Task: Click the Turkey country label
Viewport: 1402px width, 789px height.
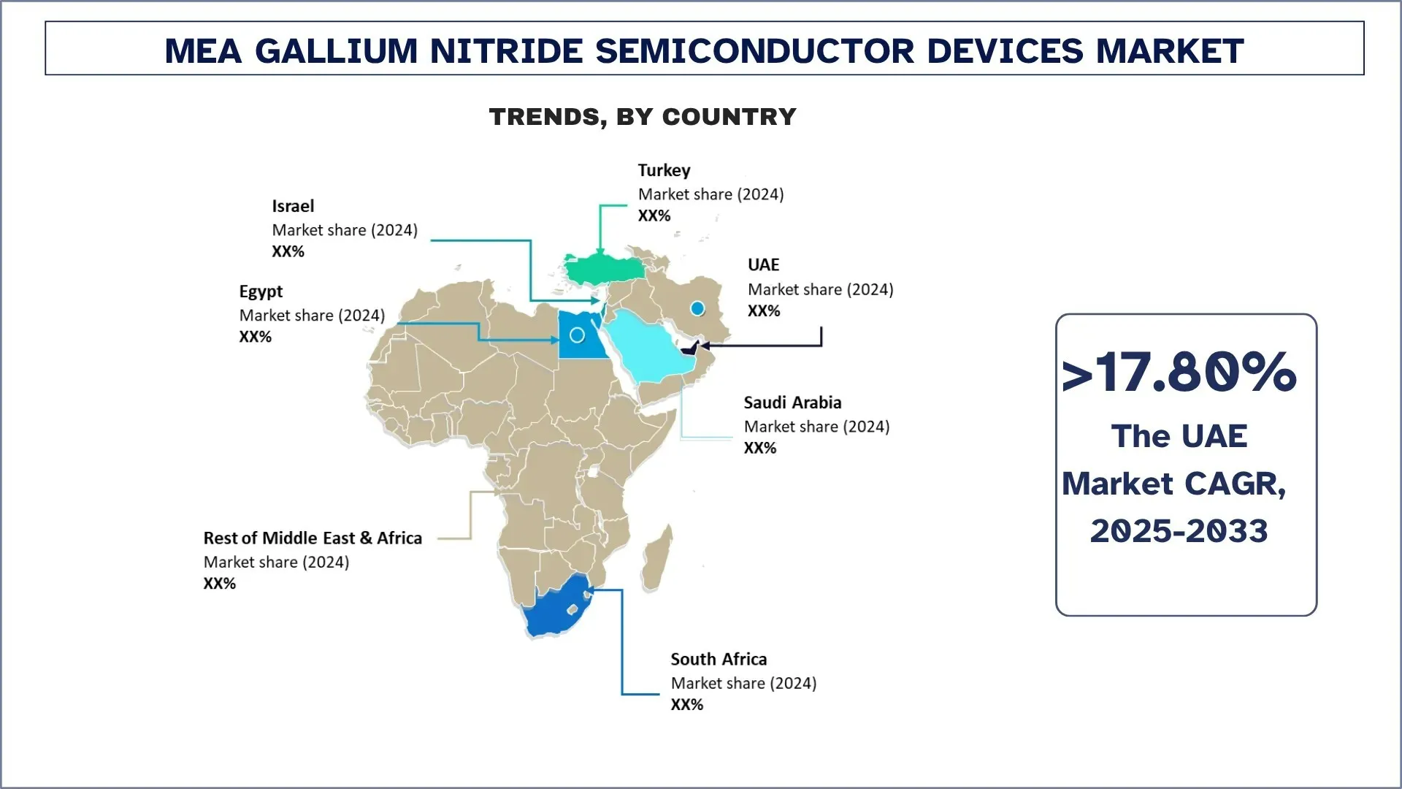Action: coord(664,170)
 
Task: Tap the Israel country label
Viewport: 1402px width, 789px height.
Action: coord(293,206)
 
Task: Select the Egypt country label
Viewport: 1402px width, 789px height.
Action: coord(261,291)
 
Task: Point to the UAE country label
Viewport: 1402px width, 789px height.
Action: coord(763,264)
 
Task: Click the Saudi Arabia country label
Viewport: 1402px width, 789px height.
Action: coord(792,403)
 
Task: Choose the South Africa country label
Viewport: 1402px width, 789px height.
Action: coord(719,659)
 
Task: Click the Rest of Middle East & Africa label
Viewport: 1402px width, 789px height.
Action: coord(313,538)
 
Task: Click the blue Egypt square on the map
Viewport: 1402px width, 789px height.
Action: coord(581,343)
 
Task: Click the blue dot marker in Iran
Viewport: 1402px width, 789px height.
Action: coord(697,309)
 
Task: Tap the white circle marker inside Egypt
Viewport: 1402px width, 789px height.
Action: coord(577,335)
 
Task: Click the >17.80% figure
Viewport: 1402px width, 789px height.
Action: coord(1179,372)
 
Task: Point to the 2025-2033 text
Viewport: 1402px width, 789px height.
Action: coord(1179,531)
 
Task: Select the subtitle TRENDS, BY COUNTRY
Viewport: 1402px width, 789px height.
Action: coord(643,117)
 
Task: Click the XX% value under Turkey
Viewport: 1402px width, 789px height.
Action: coord(654,216)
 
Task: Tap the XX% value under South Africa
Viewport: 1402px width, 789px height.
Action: coord(686,705)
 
